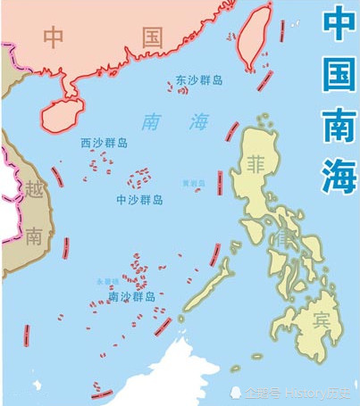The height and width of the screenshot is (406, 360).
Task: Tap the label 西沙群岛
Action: click(x=104, y=141)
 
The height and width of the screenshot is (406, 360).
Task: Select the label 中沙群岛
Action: click(x=140, y=200)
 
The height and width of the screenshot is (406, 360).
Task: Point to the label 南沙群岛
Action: click(x=132, y=295)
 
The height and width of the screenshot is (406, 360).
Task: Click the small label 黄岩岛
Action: click(x=193, y=183)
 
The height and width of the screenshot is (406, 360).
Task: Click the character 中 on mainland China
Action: click(x=54, y=37)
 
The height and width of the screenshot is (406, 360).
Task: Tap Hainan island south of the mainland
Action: click(x=66, y=112)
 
